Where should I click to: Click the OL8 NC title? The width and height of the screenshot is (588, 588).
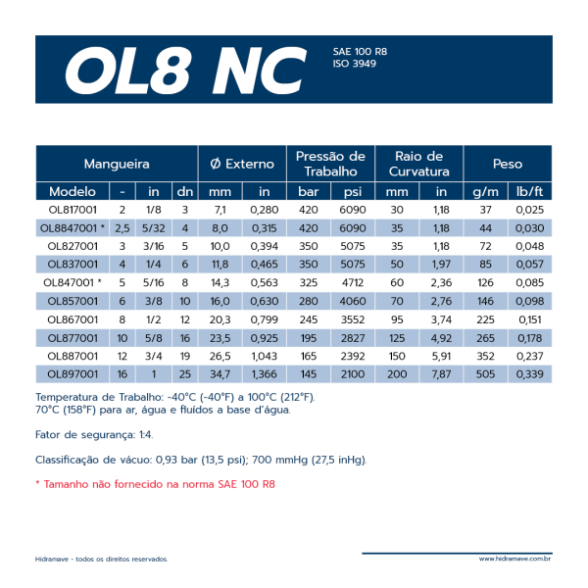tap(183, 69)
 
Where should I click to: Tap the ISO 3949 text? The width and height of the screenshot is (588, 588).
tap(355, 64)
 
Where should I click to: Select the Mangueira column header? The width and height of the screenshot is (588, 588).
tap(117, 164)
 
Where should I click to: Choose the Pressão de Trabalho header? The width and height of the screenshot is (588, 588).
tap(330, 164)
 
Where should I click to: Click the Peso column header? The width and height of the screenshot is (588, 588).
tap(508, 164)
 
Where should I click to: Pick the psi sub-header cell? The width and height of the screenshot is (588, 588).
tap(353, 191)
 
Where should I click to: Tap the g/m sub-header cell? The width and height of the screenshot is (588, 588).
tap(485, 191)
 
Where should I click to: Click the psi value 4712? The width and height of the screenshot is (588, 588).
tap(353, 282)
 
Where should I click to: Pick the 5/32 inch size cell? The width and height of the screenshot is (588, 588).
tap(154, 227)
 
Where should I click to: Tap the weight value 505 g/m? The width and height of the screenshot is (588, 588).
tap(485, 374)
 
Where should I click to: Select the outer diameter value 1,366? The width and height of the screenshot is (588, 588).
tap(265, 374)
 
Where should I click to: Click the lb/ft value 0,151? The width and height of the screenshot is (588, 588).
tap(529, 319)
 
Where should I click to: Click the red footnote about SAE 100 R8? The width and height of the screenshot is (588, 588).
tap(155, 484)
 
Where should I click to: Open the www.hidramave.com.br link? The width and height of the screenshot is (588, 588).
tap(514, 560)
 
